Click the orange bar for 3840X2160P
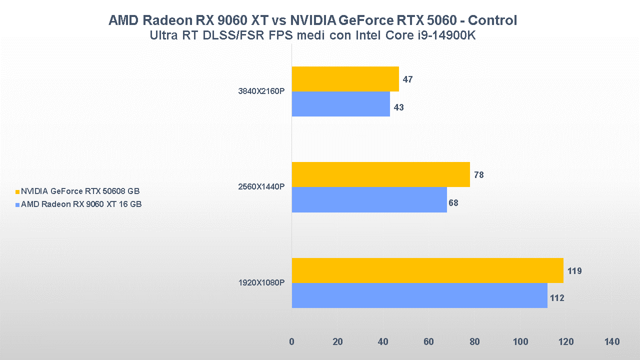click(345, 79)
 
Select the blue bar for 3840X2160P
click(340, 104)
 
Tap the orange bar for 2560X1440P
click(380, 174)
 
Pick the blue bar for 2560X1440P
click(369, 199)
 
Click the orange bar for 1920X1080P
click(427, 270)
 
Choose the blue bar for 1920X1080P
click(419, 295)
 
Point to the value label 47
click(407, 79)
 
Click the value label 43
click(398, 107)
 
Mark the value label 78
click(478, 175)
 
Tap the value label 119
click(574, 271)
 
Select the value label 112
click(556, 298)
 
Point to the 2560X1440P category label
click(261, 187)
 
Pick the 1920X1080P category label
click(261, 283)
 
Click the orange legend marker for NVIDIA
click(17, 191)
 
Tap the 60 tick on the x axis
click(429, 342)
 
